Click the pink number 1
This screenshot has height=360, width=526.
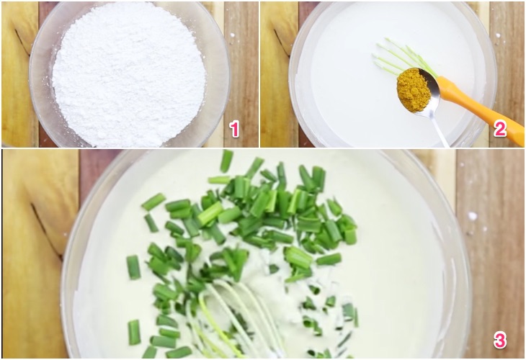point(233,129)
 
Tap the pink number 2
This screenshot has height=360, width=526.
point(499,129)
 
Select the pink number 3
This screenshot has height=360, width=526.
point(499,340)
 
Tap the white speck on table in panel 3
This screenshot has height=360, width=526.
point(472,215)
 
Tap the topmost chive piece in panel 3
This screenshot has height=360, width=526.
point(226,160)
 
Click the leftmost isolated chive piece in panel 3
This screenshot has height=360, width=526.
point(133,267)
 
